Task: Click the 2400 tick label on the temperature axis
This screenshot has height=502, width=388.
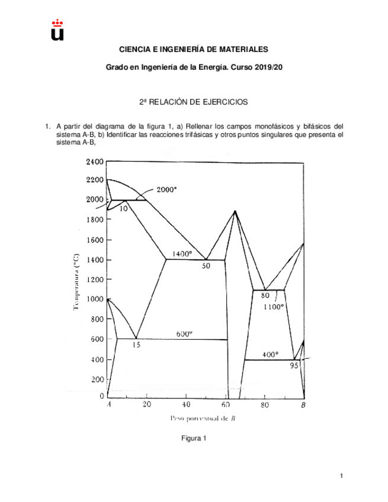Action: pyautogui.click(x=94, y=162)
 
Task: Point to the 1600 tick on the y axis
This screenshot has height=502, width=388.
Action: pyautogui.click(x=94, y=240)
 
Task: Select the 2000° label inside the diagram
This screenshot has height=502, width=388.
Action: pyautogui.click(x=167, y=190)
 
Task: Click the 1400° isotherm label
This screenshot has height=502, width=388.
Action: pyautogui.click(x=182, y=253)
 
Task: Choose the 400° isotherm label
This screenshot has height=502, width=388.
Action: pyautogui.click(x=270, y=355)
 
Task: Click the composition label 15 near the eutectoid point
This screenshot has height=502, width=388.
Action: pyautogui.click(x=136, y=345)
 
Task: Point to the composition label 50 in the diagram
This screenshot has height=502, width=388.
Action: pyautogui.click(x=206, y=266)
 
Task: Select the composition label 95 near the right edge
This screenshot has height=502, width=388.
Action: pyautogui.click(x=294, y=365)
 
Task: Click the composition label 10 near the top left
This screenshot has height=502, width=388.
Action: pyautogui.click(x=124, y=208)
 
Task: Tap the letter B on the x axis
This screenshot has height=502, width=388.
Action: pyautogui.click(x=303, y=406)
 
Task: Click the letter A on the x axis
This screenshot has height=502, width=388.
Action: pyautogui.click(x=109, y=406)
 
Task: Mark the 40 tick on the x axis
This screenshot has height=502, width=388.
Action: pyautogui.click(x=186, y=406)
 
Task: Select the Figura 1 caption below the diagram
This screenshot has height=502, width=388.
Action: pyautogui.click(x=193, y=439)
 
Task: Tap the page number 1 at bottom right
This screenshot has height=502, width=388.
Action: pyautogui.click(x=342, y=476)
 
